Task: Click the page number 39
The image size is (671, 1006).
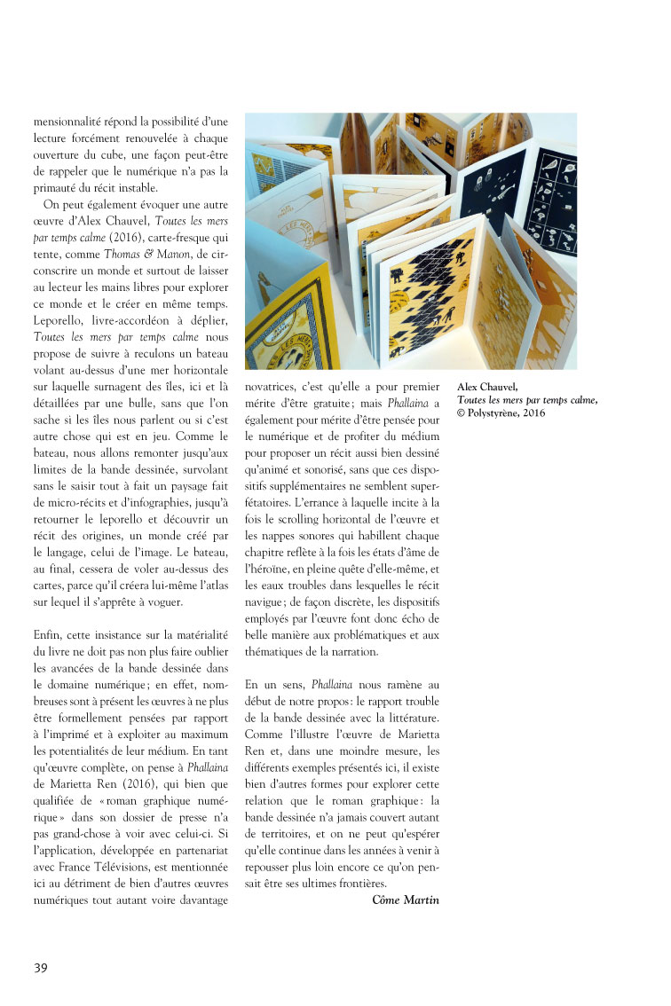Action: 41,967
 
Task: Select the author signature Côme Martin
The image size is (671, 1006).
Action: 405,900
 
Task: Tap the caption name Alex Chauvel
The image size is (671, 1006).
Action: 487,387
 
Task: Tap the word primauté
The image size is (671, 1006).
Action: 60,186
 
